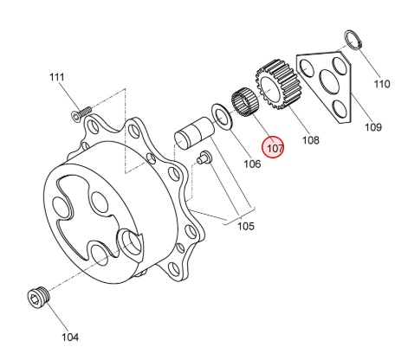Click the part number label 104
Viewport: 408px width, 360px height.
[x=70, y=337]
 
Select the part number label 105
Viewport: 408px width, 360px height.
[x=246, y=226]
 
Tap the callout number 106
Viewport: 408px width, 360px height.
[x=252, y=164]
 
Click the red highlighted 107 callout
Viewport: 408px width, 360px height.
[x=273, y=147]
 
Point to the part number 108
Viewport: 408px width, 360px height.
[x=311, y=140]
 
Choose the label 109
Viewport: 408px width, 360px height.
[x=373, y=127]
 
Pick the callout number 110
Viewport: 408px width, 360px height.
[x=382, y=84]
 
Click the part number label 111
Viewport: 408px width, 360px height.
[x=56, y=77]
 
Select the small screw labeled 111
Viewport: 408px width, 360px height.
[x=81, y=113]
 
